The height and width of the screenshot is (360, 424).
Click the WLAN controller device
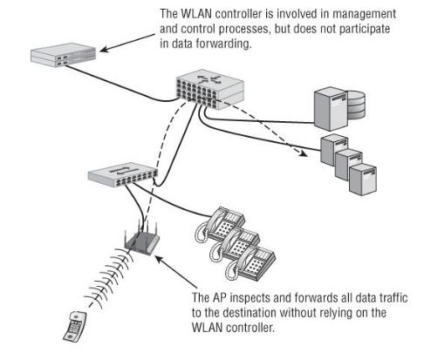click(x=63, y=55)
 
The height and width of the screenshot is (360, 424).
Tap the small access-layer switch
click(x=122, y=174)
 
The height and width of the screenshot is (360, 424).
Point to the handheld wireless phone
click(x=75, y=326)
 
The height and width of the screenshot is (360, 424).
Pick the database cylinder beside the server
click(x=356, y=105)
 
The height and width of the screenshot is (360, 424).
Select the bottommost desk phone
click(x=250, y=263)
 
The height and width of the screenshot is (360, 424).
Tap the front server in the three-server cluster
click(x=363, y=180)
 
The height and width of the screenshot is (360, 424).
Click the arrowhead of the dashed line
click(x=304, y=153)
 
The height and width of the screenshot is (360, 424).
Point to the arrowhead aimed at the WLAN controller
click(x=104, y=49)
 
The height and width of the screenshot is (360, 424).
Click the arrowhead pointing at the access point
click(x=159, y=259)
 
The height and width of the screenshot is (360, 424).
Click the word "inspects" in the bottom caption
click(x=252, y=298)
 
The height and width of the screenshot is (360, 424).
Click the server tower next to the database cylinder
click(x=331, y=109)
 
